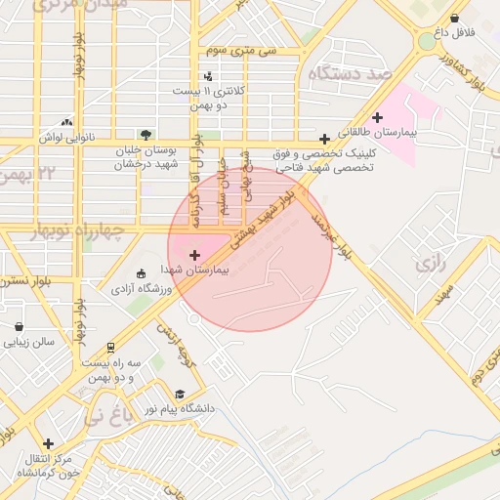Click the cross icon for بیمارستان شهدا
194,255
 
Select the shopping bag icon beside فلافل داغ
455,19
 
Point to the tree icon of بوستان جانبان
146,134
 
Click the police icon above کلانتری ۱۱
208,76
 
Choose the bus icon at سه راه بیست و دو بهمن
110,347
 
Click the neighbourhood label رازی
428,264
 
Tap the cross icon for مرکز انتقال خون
48,443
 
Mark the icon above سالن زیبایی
19,327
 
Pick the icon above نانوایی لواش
66,123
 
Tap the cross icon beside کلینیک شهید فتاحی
324,139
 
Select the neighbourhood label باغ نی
106,417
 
